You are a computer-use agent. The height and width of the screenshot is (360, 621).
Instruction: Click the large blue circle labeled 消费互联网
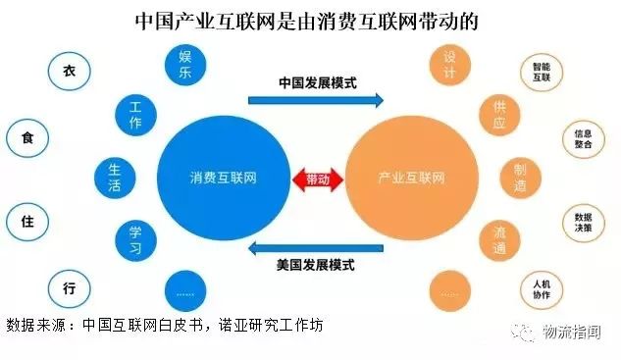click(223, 179)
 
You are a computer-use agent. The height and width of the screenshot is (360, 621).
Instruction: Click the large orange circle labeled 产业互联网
click(411, 179)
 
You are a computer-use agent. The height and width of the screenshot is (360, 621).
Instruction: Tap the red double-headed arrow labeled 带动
click(318, 180)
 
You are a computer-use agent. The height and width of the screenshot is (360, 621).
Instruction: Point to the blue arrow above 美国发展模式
click(314, 246)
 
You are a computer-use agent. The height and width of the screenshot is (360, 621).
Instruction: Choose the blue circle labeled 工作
click(136, 115)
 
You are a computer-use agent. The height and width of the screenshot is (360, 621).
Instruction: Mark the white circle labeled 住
click(26, 220)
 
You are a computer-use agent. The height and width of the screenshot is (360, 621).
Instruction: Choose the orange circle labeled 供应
click(498, 115)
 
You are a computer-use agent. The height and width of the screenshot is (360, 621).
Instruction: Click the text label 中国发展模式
click(317, 81)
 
